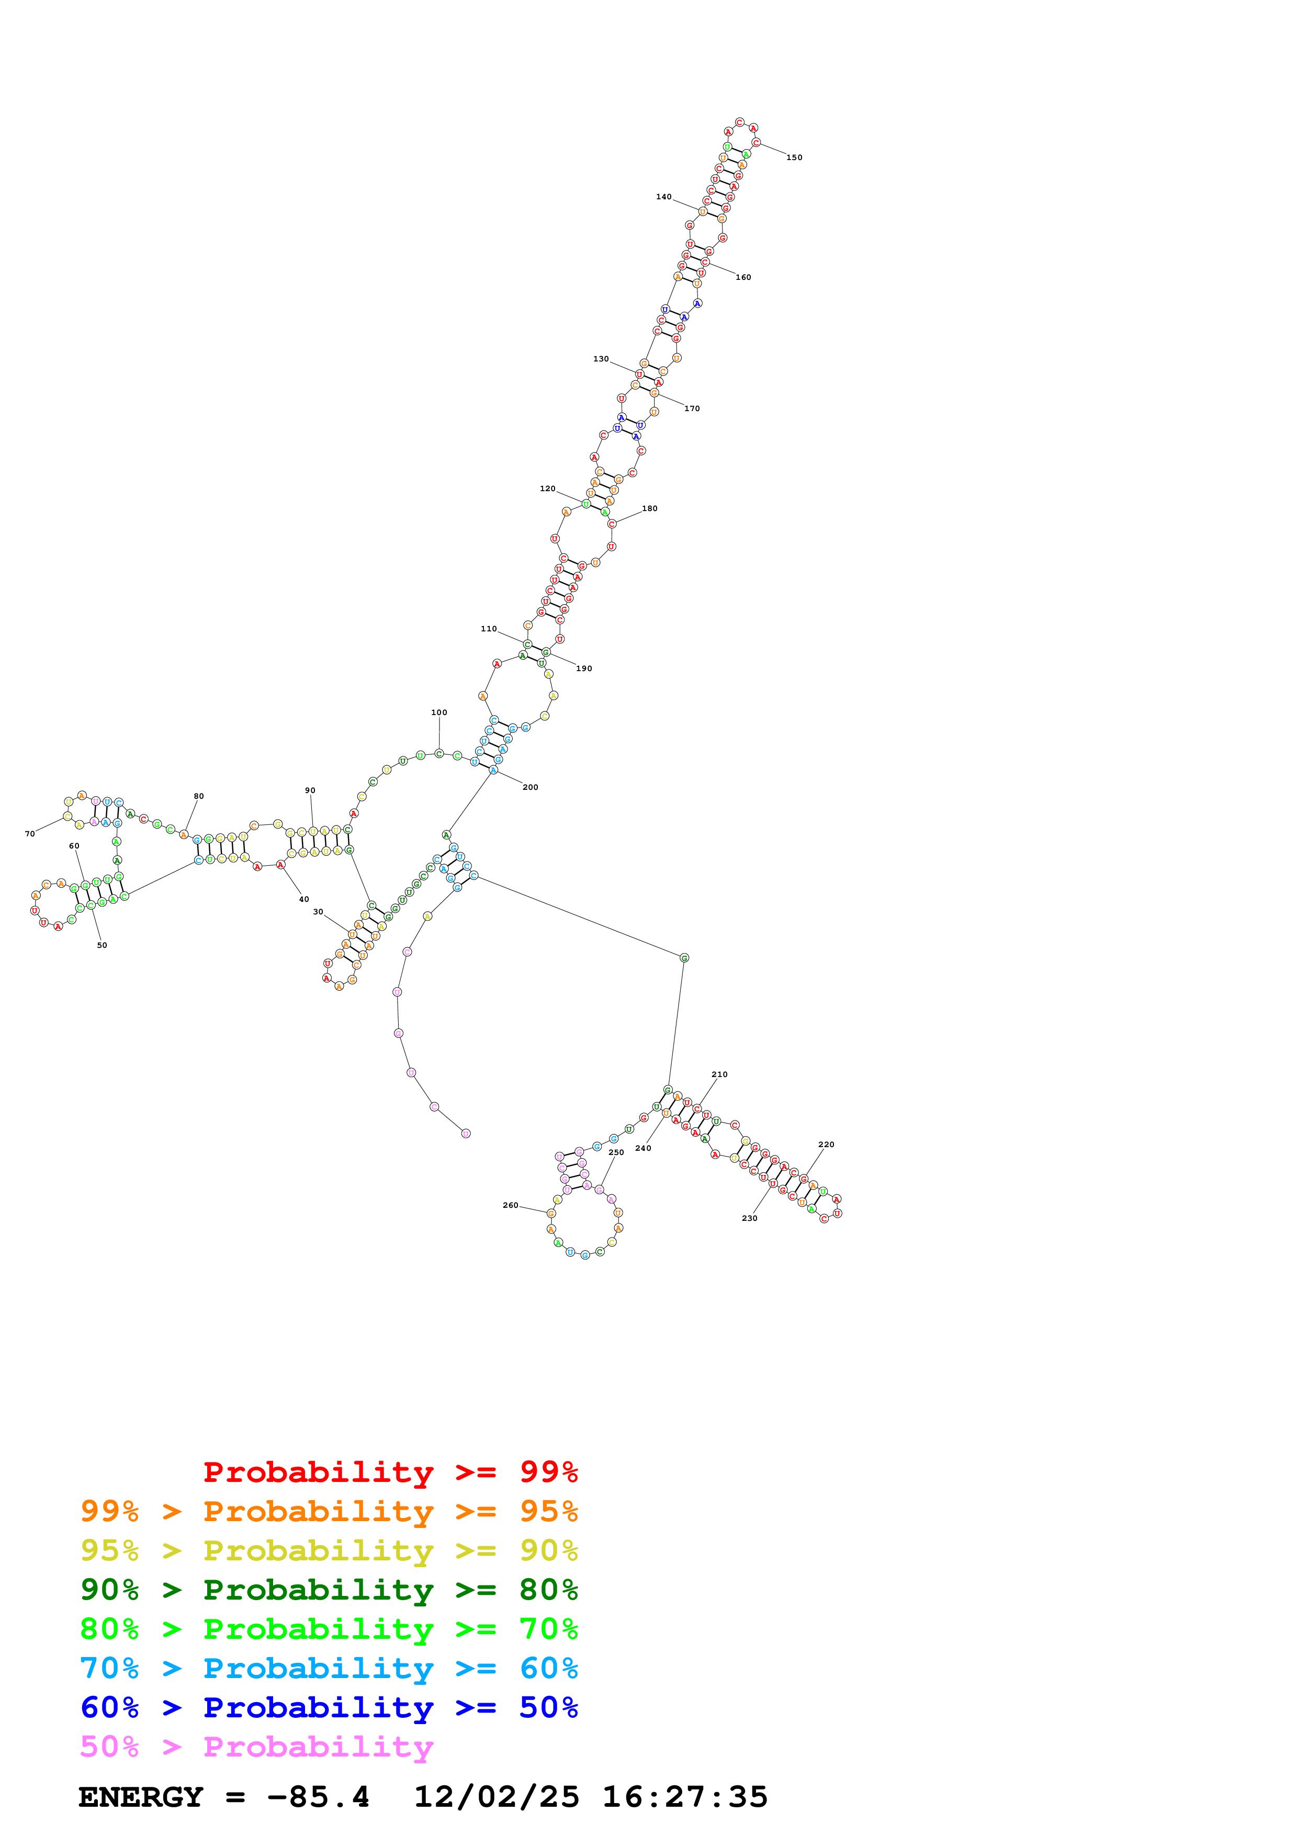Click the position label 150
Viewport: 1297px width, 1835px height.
tap(794, 157)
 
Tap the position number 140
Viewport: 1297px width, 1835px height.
tap(663, 197)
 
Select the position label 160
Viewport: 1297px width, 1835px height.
tap(743, 277)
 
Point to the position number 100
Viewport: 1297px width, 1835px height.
tap(439, 712)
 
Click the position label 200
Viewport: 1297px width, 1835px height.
tap(530, 787)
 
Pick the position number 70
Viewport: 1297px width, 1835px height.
tap(30, 834)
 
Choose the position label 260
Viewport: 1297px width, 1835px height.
tap(510, 1205)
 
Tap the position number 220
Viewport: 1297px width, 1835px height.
tap(826, 1145)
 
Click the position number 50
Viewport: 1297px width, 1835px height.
tap(101, 945)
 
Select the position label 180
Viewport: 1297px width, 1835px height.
tap(650, 508)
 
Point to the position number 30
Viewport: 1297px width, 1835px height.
tap(318, 912)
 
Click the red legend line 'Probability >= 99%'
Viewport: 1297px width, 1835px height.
tap(390, 1472)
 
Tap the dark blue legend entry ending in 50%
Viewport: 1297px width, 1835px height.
tap(329, 1707)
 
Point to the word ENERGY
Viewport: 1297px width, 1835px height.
tap(141, 1797)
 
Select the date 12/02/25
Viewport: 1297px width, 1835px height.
tap(497, 1797)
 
